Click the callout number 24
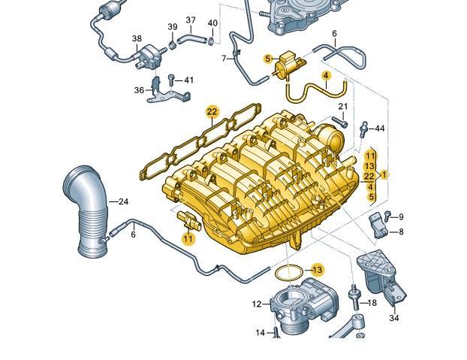click(x=123, y=201)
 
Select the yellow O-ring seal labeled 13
click(x=288, y=273)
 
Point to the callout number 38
click(x=137, y=38)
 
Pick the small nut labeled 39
click(x=173, y=45)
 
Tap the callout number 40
click(x=212, y=23)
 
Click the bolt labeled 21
click(x=339, y=122)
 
